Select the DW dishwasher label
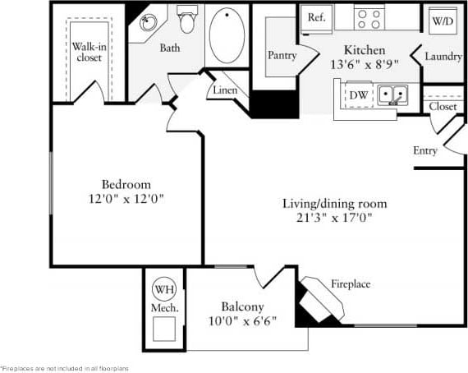point(359,95)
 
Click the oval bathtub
point(227,34)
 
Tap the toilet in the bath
point(187,20)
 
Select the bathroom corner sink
point(148,22)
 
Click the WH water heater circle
point(163,289)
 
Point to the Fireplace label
point(351,284)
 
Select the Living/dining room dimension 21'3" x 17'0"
point(334,219)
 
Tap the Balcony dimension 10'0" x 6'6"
point(241,320)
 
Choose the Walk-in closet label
point(87,53)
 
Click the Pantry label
point(282,55)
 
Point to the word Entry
point(425,150)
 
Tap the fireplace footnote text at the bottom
point(64,368)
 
